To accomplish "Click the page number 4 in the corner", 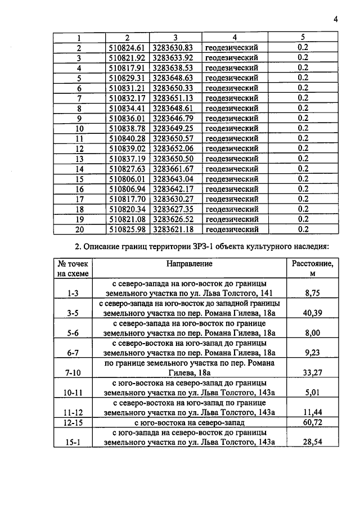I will (335, 19).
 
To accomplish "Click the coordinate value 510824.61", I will (127, 47).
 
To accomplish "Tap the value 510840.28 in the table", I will (127, 138).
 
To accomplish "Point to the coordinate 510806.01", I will (127, 179).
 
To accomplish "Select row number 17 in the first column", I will (79, 199).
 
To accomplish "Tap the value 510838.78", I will (127, 128).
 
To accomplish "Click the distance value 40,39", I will (312, 313).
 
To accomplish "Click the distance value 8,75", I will (312, 293).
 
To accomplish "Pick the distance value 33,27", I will (312, 372).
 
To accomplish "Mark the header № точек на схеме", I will (74, 268).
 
